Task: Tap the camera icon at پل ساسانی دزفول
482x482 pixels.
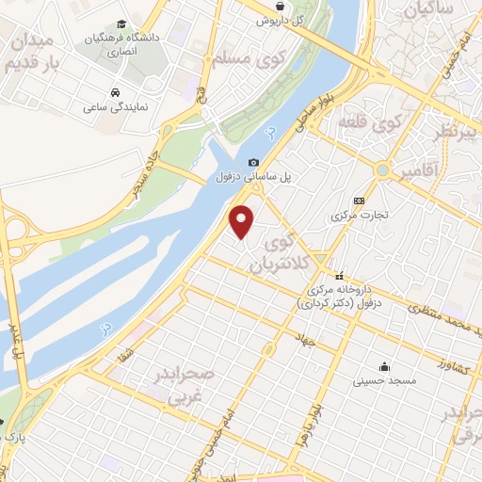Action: click(x=253, y=162)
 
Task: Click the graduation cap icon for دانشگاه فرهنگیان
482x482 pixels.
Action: click(x=120, y=25)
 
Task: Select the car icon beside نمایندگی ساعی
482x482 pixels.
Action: click(x=114, y=93)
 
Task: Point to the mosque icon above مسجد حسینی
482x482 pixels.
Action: click(x=384, y=366)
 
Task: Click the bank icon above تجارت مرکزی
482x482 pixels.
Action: click(x=359, y=201)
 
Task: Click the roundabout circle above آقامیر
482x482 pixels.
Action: click(x=382, y=170)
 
